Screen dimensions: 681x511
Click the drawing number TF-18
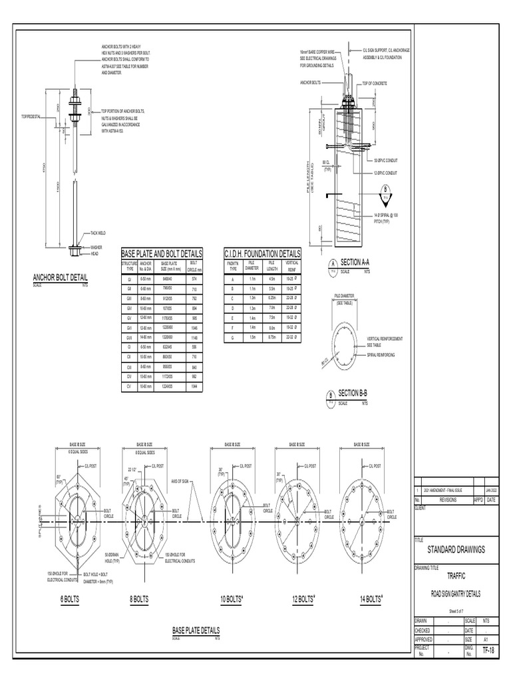click(488, 650)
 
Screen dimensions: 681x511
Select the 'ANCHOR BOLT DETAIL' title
click(60, 277)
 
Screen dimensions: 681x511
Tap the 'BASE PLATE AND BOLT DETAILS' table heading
click(162, 253)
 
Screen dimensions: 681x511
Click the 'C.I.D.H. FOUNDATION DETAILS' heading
click(262, 253)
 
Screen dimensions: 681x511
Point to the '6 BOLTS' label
click(69, 599)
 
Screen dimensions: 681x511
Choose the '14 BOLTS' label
click(371, 599)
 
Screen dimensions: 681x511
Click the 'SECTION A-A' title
click(359, 263)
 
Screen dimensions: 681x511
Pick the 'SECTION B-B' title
click(358, 394)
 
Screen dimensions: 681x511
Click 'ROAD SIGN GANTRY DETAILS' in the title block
click(456, 593)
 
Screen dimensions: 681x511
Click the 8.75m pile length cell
click(271, 337)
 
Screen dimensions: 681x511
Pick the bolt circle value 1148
click(194, 337)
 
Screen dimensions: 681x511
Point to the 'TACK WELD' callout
click(100, 233)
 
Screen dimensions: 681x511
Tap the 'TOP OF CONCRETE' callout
click(375, 83)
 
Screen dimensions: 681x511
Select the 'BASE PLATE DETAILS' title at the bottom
click(196, 630)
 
